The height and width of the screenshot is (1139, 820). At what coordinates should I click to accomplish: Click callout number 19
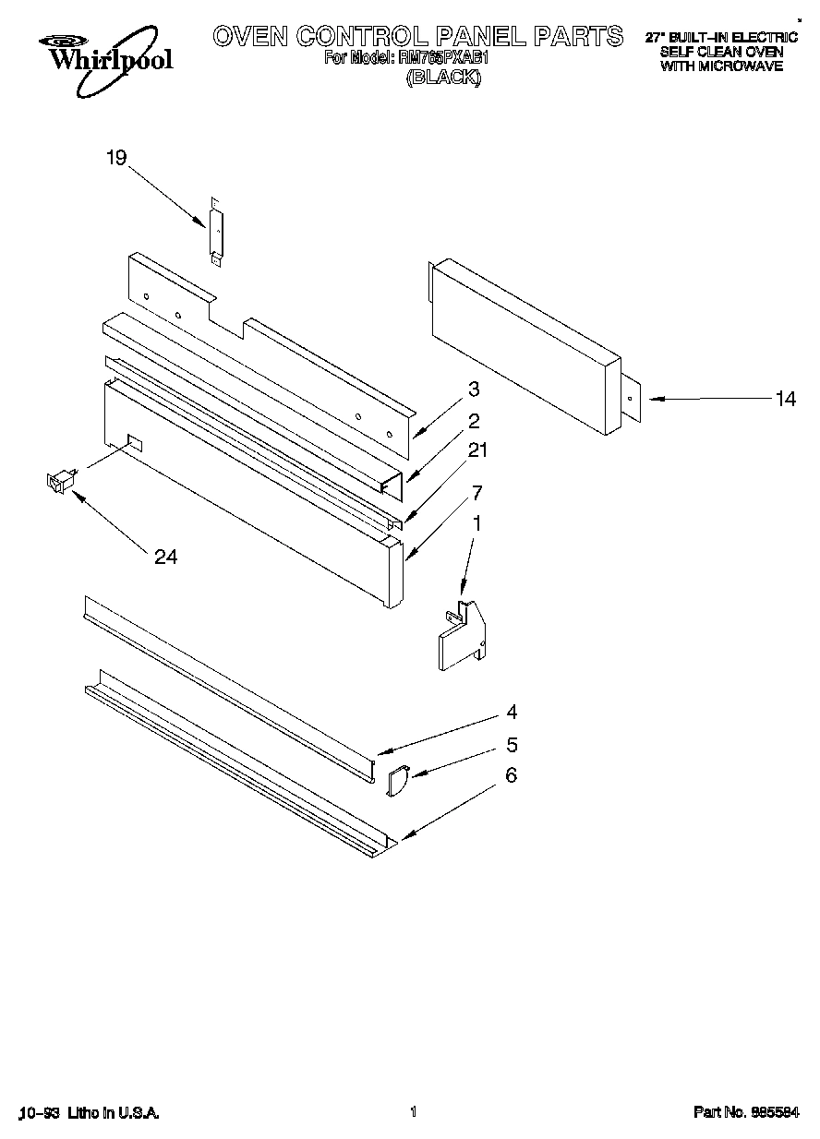coord(115,158)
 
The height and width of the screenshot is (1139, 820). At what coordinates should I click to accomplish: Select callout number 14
coord(785,399)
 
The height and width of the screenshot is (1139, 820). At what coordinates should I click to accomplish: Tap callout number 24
coord(166,557)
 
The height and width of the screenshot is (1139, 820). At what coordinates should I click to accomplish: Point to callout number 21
coord(477,450)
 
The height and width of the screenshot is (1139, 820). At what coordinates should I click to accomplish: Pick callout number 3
coord(473,389)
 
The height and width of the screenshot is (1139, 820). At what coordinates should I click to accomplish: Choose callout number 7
coord(476,491)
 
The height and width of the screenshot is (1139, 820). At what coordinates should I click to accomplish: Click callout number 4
coord(511,713)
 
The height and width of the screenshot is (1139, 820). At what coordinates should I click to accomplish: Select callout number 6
coord(511,776)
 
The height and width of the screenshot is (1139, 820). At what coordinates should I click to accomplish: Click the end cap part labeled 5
coord(397,782)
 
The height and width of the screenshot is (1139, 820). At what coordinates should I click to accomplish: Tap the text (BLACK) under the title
coord(444,78)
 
